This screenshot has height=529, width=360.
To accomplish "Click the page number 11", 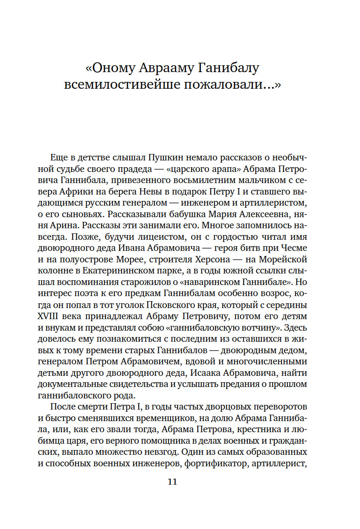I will coord(172,482).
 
